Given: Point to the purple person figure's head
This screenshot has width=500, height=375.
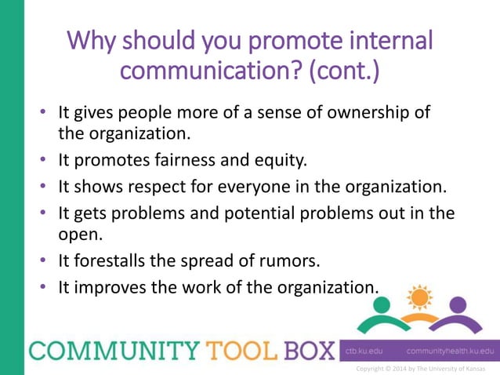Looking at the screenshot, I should (x=457, y=304).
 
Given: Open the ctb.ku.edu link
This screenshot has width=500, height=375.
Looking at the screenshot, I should (x=363, y=351).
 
